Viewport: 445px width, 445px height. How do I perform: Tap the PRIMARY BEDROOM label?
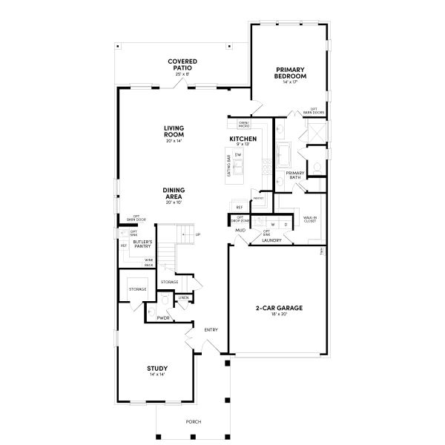290,73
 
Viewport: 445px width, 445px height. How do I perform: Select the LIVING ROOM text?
174,132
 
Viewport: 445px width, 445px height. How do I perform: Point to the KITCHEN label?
243,139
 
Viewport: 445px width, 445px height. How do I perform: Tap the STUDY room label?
156,369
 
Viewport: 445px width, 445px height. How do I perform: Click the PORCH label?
193,422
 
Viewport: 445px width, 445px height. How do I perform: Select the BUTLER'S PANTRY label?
143,245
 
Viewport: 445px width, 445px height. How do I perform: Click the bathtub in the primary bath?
285,155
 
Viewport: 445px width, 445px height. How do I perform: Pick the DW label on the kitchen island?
239,154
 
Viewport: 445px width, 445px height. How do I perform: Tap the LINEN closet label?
182,297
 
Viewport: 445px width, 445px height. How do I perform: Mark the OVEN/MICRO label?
243,125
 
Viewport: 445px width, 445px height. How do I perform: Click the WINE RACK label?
149,262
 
